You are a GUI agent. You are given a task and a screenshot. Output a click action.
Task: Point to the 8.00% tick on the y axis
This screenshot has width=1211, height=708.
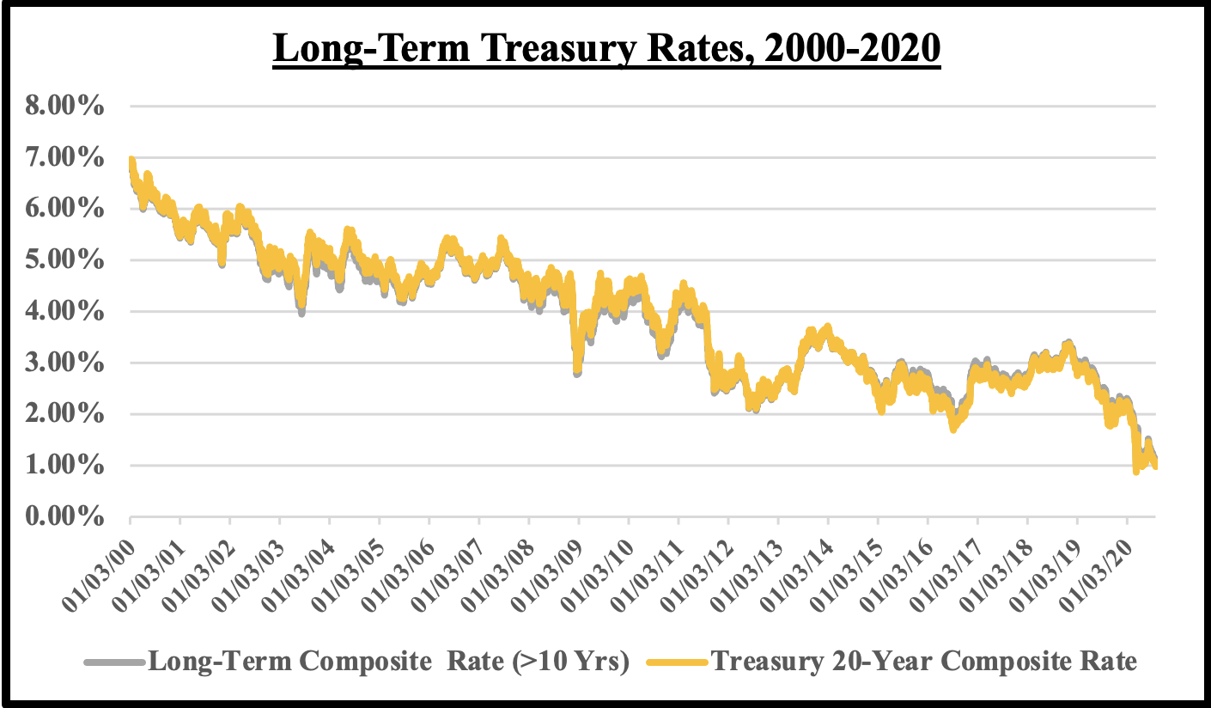click(68, 107)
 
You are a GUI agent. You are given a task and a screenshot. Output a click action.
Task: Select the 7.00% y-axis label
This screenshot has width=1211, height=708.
click(68, 158)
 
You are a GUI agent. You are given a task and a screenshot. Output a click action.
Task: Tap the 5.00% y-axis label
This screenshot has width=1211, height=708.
click(68, 260)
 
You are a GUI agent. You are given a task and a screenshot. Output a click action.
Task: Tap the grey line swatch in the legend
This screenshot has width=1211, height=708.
click(115, 662)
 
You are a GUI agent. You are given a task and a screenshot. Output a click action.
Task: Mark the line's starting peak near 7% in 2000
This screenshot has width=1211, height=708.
click(131, 162)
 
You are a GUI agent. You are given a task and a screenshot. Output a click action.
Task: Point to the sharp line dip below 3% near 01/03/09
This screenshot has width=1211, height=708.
click(577, 371)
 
